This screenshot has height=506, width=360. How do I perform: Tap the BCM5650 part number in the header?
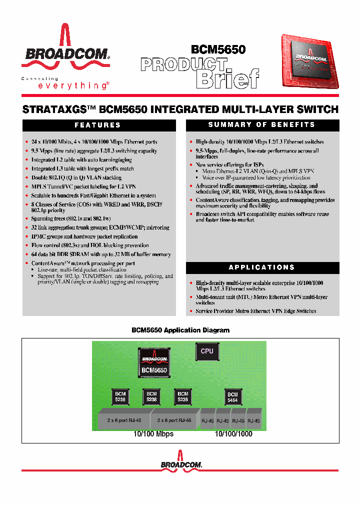click(x=218, y=49)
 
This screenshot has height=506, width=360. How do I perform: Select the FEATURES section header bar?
click(x=98, y=125)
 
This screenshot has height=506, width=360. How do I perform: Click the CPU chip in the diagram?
click(x=206, y=351)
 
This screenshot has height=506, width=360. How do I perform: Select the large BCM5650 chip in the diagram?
click(x=154, y=362)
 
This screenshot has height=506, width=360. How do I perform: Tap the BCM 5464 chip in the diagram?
click(x=232, y=397)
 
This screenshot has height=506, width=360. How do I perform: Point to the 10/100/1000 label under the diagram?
click(x=233, y=434)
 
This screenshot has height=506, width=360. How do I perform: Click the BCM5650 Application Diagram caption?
click(x=180, y=330)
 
